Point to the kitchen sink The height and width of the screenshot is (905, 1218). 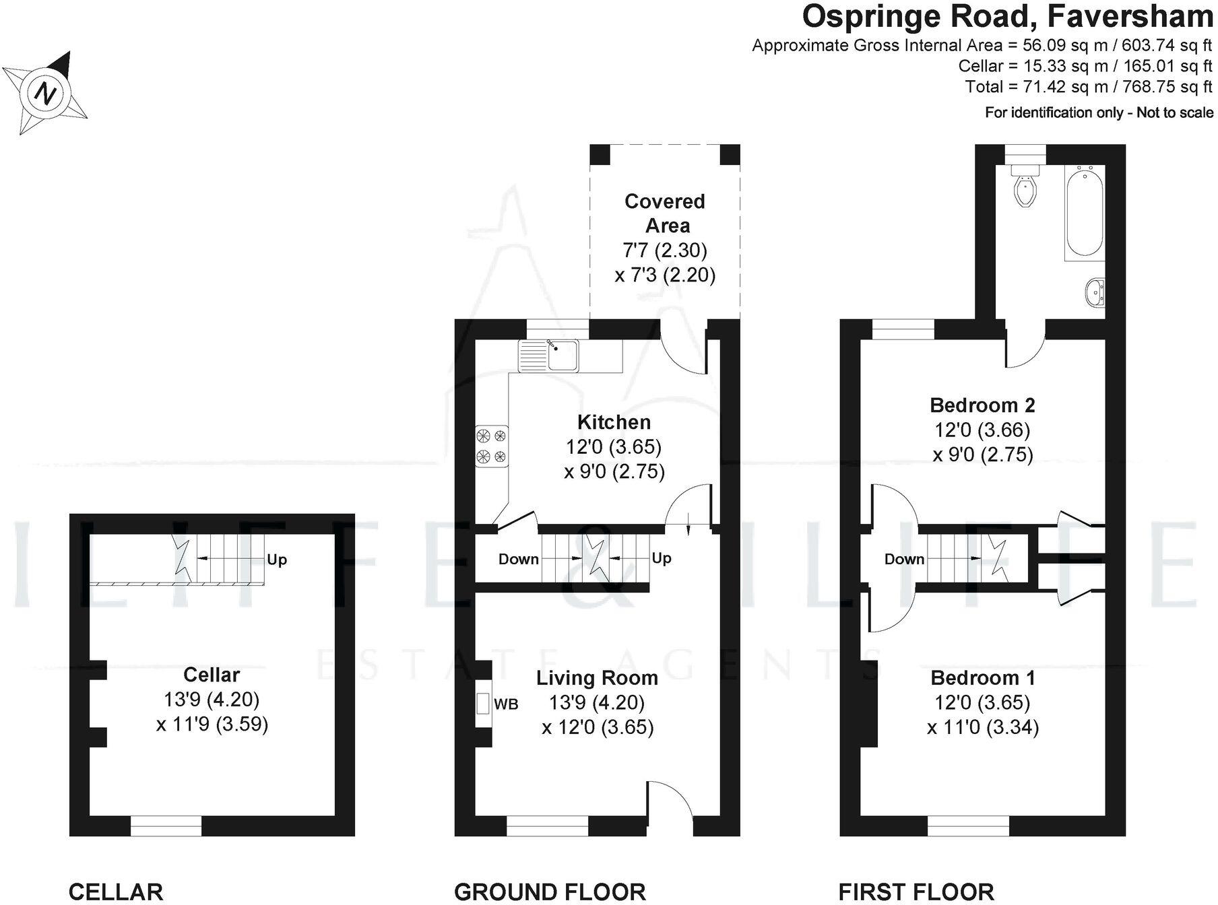point(562,356)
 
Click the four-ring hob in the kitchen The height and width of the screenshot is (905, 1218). point(491,446)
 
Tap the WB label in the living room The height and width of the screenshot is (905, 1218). point(506,704)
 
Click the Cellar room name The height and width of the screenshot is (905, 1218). point(212,675)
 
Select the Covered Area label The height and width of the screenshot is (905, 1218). point(666,213)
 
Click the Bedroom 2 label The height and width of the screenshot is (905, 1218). point(982,405)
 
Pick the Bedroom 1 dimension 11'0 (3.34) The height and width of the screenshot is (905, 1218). point(982,728)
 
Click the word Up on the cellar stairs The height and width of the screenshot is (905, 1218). point(277,560)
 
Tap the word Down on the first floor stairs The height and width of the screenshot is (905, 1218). point(904,560)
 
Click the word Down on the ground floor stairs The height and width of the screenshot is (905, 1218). point(518,560)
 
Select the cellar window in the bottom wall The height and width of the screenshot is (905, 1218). point(166,826)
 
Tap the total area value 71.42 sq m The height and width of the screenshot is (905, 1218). point(1052,87)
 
